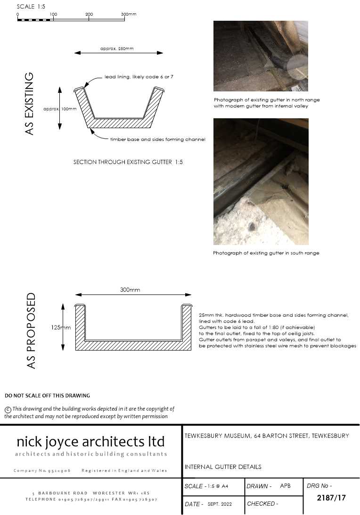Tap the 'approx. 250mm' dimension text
[x=115, y=49]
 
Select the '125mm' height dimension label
[x=61, y=327]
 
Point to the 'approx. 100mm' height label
[x=59, y=109]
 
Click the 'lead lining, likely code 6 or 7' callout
[x=139, y=76]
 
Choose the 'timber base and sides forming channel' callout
[x=157, y=139]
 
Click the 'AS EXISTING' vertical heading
[x=29, y=104]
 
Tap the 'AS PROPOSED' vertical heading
[x=31, y=330]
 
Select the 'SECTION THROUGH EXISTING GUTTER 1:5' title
[x=128, y=162]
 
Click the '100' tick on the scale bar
[x=53, y=15]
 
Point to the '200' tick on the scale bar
[x=89, y=15]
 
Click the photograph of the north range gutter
[x=261, y=56]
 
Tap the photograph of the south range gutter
[x=261, y=181]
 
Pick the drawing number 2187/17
[x=331, y=498]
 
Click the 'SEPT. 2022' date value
[x=220, y=504]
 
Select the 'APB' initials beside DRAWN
[x=285, y=486]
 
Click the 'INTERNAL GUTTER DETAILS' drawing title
[x=223, y=467]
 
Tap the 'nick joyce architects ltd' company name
[x=90, y=441]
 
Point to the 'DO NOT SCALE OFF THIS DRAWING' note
[x=47, y=396]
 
